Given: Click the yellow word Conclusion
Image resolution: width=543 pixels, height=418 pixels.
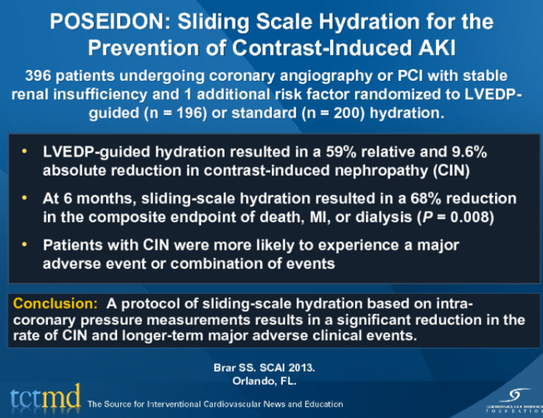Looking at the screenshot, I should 49,302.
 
